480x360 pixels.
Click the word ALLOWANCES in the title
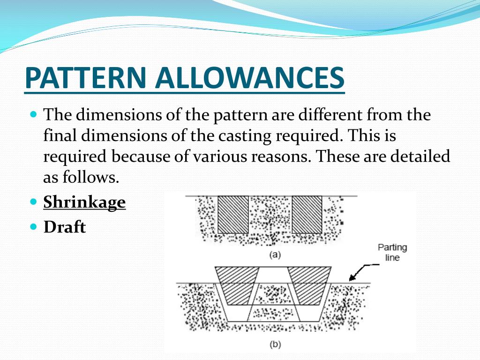[249, 78]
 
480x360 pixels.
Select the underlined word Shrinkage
[84, 202]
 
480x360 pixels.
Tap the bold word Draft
[65, 227]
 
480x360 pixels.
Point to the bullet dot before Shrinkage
[33, 202]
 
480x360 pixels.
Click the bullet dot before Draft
[33, 226]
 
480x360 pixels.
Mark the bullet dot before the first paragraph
[33, 114]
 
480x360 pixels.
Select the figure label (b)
[275, 345]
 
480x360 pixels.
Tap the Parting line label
[392, 252]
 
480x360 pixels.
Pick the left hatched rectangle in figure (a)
[233, 214]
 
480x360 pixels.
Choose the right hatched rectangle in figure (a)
[307, 214]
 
